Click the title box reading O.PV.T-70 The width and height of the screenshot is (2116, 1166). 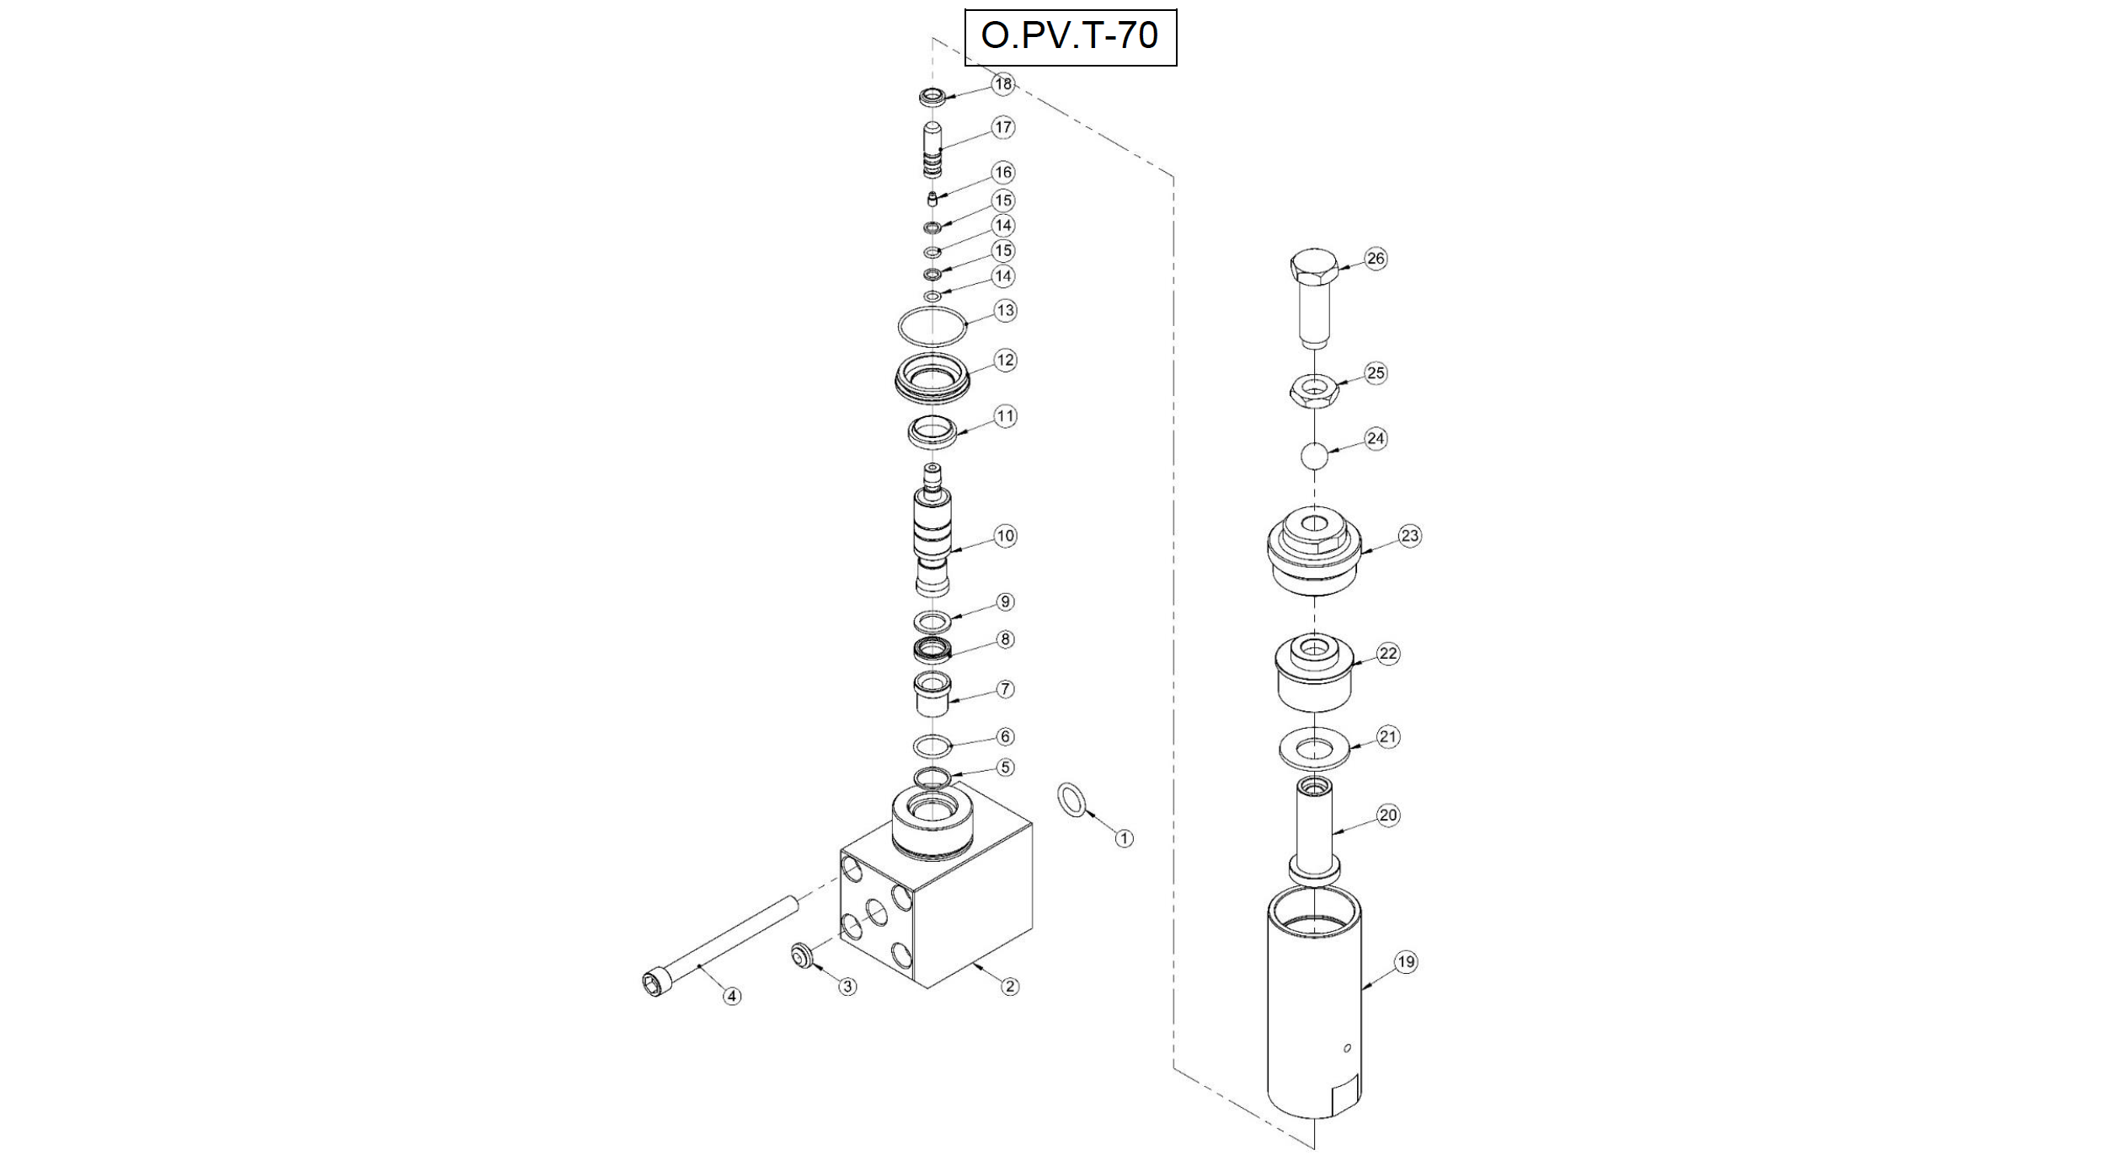tap(1070, 36)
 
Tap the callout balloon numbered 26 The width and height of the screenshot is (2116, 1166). tap(1376, 259)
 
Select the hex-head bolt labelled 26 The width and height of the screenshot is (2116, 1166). tap(1314, 294)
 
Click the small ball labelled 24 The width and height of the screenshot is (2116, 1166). tap(1314, 456)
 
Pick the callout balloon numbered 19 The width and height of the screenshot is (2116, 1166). tap(1406, 962)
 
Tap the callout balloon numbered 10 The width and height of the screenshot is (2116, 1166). tap(1006, 536)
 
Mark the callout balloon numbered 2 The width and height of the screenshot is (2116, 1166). tap(1009, 987)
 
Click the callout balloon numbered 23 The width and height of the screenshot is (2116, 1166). tap(1410, 536)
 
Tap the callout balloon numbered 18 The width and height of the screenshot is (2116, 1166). tap(1003, 83)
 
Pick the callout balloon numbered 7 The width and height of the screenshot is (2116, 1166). tap(1005, 689)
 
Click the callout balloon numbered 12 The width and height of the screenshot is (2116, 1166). tap(1006, 361)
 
